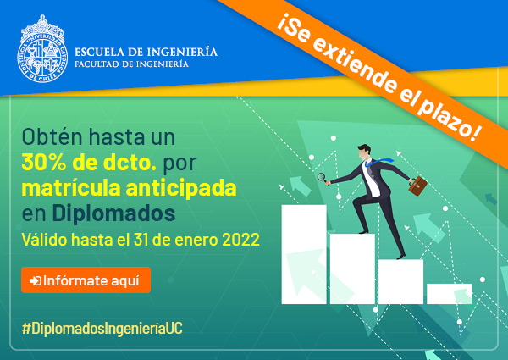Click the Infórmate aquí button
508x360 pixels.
coord(86,280)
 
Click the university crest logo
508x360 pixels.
coord(42,49)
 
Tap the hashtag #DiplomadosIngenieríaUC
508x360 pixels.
coord(102,329)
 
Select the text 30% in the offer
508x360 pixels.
coord(44,163)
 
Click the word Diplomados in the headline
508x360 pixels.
coord(113,213)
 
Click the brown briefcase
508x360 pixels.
coord(417,186)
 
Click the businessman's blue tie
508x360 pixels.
coord(378,162)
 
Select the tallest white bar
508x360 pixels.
coord(304,254)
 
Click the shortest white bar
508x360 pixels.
coord(449,294)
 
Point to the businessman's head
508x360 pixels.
coord(364,152)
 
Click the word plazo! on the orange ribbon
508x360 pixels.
coord(449,119)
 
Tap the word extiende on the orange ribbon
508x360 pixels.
coord(355,66)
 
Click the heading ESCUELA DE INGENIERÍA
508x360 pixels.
coord(146,52)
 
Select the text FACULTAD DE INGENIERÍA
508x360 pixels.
coord(131,64)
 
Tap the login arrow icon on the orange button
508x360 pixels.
coord(36,280)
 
